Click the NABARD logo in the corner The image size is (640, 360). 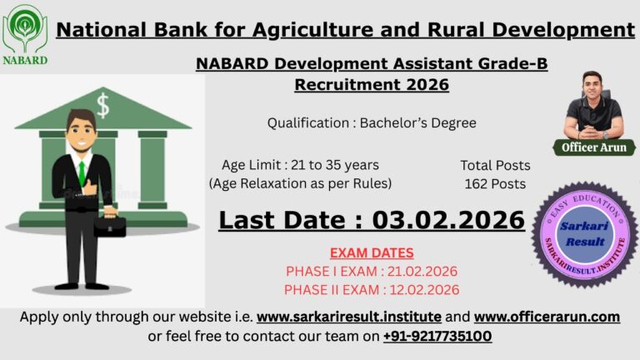(x=25, y=34)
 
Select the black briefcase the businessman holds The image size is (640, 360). (x=110, y=226)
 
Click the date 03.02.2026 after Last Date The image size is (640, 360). (x=448, y=220)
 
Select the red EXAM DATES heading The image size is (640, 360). (x=372, y=252)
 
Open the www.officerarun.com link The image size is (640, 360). (x=547, y=317)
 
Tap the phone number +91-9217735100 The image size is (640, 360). (x=437, y=336)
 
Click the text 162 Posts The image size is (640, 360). (x=495, y=183)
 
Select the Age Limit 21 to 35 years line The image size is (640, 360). (x=300, y=165)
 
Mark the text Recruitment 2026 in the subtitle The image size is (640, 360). (x=372, y=84)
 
